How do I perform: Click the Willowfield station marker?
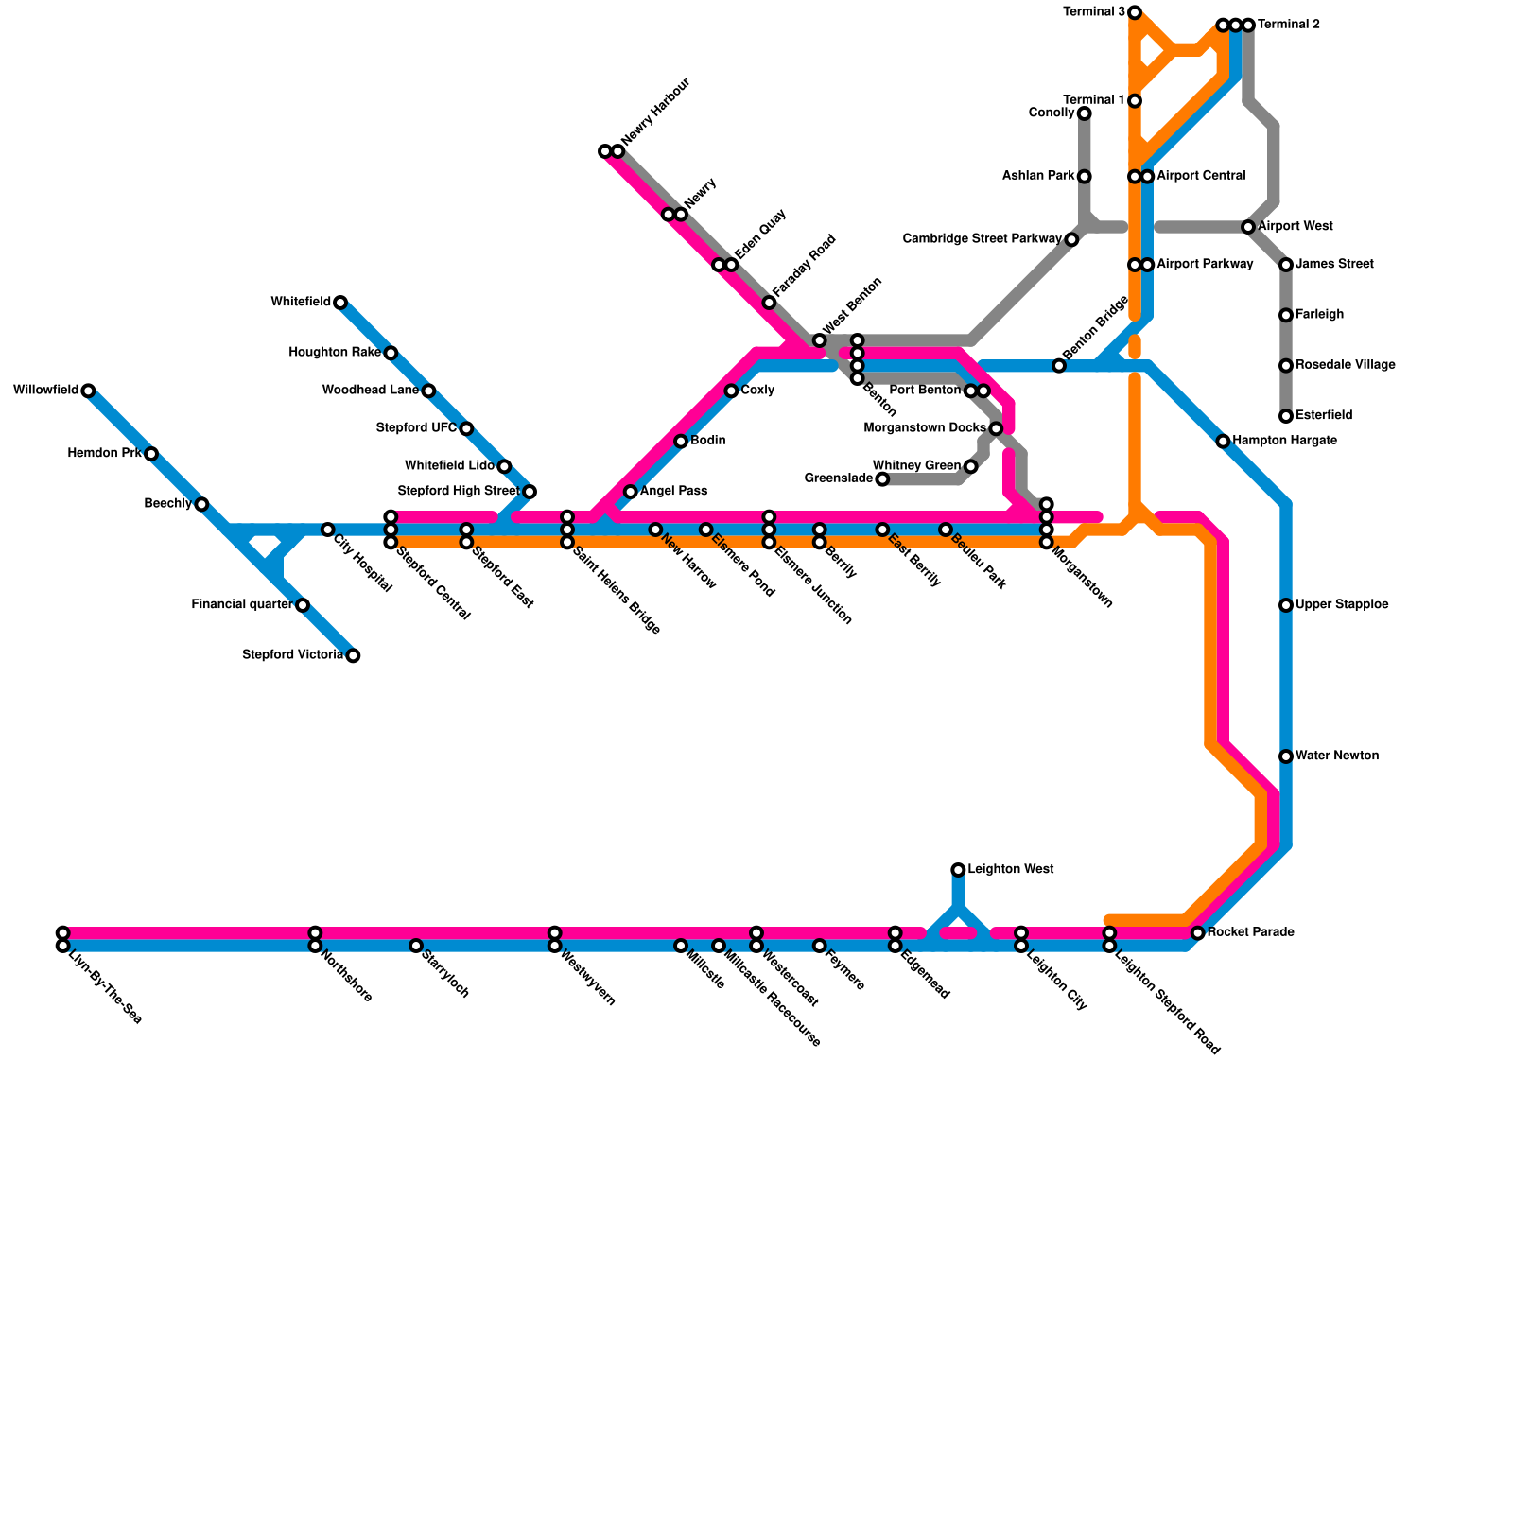(x=88, y=391)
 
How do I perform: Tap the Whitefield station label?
(x=301, y=303)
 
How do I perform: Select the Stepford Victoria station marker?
(x=353, y=656)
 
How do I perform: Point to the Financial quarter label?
(x=241, y=605)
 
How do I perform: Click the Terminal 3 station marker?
(x=1135, y=12)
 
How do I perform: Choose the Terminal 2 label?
(x=1289, y=25)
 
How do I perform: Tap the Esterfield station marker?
(x=1286, y=416)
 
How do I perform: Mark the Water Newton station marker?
(x=1286, y=756)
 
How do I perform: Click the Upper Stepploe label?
(x=1342, y=605)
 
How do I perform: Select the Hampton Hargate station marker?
(x=1223, y=442)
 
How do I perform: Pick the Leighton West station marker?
(x=958, y=870)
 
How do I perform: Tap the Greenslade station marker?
(x=882, y=479)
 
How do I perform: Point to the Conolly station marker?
(x=1085, y=113)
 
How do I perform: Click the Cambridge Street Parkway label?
(x=982, y=239)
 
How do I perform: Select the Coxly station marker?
(x=731, y=391)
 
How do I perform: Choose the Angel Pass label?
(x=673, y=492)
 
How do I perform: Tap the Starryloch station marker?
(x=416, y=946)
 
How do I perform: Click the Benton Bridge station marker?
(x=1059, y=366)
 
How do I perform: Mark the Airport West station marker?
(x=1248, y=227)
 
